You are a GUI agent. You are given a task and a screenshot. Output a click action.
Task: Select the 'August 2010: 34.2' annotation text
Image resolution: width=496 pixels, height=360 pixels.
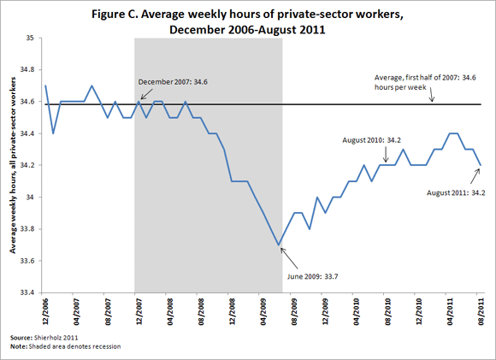tap(372, 137)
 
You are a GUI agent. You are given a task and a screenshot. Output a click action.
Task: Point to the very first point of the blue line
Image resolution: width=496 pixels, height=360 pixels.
tap(44, 86)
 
